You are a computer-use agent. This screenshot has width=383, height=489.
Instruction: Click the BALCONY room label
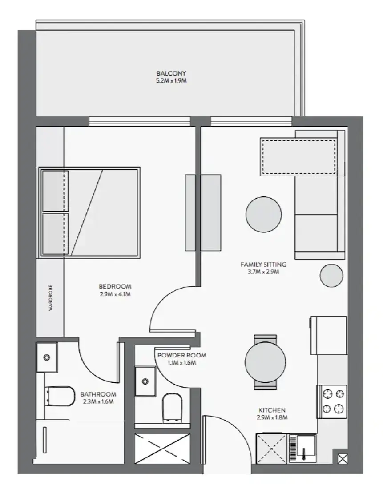(171, 73)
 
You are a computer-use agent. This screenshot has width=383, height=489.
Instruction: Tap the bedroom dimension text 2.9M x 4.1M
(115, 294)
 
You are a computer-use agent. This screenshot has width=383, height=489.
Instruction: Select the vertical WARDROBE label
(51, 297)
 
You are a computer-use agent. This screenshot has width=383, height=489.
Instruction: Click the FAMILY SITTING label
(263, 265)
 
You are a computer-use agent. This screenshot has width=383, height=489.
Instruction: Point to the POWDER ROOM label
(181, 355)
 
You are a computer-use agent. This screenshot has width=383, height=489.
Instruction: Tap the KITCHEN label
(272, 410)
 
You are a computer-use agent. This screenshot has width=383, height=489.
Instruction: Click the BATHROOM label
(98, 394)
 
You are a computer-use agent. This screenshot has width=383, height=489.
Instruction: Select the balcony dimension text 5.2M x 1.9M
(171, 81)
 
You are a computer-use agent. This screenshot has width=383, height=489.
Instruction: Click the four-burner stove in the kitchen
(332, 401)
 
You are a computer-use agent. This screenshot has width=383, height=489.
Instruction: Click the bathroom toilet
(60, 396)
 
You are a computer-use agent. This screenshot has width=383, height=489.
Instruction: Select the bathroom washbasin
(47, 357)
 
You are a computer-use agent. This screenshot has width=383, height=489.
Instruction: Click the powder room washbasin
(145, 381)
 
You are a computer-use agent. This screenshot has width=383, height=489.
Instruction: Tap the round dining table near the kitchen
(265, 362)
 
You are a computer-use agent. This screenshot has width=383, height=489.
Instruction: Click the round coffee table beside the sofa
(263, 215)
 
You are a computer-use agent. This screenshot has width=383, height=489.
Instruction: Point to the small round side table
(331, 275)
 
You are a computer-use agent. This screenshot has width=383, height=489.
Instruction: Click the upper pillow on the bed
(55, 191)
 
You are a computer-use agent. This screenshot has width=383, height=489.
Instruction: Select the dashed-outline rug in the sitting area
(299, 157)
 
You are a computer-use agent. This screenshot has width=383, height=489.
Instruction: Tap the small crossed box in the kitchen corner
(342, 459)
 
